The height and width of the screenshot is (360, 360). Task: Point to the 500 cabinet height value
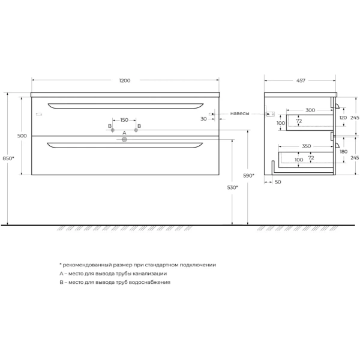click(22, 136)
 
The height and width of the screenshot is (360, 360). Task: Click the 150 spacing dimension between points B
click(124, 119)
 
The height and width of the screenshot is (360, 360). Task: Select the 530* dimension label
click(233, 187)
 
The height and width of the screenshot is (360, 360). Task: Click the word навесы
click(240, 113)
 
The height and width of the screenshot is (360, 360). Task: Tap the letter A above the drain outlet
click(124, 133)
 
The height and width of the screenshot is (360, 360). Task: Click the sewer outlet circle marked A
click(124, 139)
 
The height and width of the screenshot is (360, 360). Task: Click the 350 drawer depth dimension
click(307, 146)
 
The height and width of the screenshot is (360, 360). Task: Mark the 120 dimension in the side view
click(343, 118)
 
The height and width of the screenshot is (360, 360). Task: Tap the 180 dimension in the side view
click(343, 152)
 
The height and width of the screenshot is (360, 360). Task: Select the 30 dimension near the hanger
click(204, 119)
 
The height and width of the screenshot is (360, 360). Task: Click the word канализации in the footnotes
click(147, 273)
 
